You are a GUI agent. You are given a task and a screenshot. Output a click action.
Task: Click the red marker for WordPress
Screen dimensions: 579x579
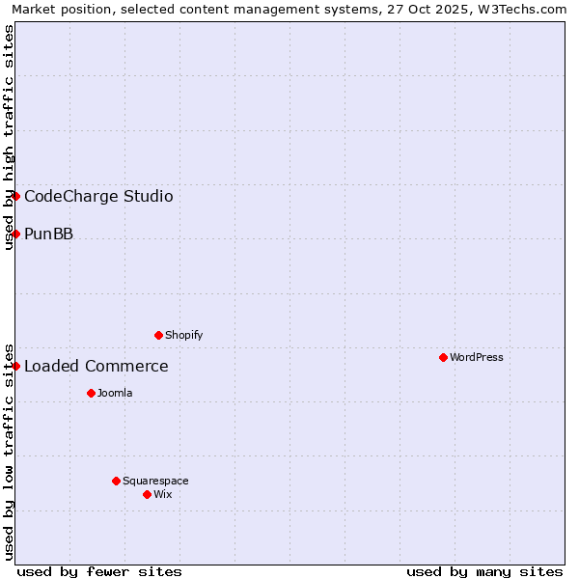[x=443, y=357]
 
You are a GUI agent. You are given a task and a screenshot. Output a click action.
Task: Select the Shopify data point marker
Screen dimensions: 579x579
[x=158, y=335]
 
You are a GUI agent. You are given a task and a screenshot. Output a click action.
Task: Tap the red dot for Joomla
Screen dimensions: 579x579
[x=91, y=393]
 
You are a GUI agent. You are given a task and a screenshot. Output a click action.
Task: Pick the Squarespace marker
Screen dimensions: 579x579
[x=116, y=481]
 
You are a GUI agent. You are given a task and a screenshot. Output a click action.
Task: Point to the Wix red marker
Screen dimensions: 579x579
[x=147, y=494]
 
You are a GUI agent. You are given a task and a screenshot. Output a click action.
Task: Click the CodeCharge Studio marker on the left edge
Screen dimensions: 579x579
[x=15, y=196]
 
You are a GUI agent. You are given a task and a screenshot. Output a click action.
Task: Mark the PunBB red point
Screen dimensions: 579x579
[x=15, y=234]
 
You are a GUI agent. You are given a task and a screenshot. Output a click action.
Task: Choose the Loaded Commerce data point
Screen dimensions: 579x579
[x=15, y=366]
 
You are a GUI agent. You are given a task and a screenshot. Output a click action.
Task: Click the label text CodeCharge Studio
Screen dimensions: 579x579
[x=98, y=197]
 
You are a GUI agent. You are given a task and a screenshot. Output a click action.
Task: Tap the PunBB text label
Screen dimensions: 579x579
[x=48, y=234]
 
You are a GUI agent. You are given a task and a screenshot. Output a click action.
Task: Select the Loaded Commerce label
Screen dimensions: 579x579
[x=96, y=367]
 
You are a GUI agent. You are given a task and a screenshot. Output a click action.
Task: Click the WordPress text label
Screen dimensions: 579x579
[x=477, y=357]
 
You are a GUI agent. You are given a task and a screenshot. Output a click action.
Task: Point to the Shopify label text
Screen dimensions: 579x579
[x=183, y=335]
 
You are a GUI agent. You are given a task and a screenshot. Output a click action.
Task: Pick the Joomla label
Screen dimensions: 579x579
[x=115, y=393]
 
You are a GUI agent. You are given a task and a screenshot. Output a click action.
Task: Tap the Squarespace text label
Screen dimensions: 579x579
[x=155, y=481]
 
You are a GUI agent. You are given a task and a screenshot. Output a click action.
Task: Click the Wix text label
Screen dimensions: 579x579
[x=163, y=494]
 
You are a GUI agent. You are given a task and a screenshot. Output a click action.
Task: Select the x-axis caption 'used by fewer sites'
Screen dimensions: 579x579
[x=99, y=571]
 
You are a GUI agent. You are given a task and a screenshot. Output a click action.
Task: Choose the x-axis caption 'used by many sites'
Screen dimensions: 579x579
[x=484, y=571]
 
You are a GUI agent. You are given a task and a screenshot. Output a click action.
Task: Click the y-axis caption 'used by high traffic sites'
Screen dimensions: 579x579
[x=9, y=137]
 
